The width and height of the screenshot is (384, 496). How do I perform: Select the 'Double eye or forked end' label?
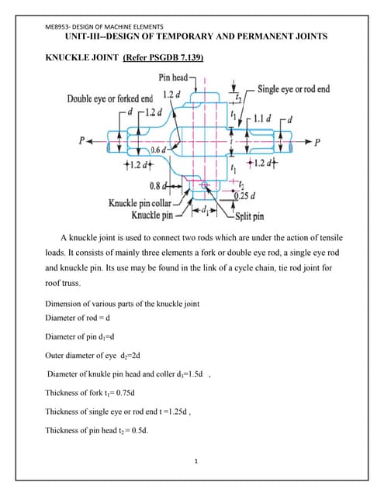(109, 98)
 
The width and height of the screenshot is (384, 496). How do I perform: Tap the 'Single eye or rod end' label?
(293, 89)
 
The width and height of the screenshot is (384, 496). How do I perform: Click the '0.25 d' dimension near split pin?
(247, 194)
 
